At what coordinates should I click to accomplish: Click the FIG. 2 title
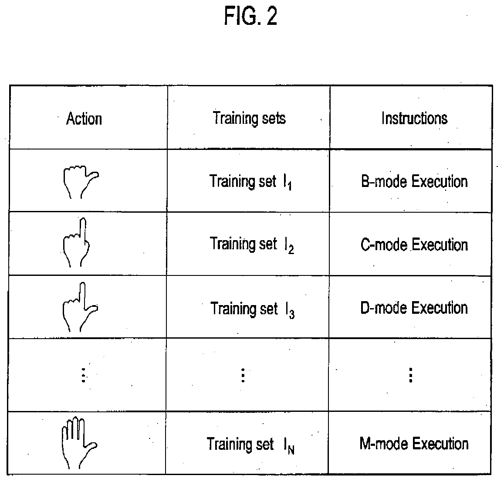[250, 17]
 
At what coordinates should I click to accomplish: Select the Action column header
[84, 119]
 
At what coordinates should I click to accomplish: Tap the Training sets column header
[249, 118]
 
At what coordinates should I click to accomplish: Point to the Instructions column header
[414, 118]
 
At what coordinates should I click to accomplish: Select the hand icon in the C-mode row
[77, 242]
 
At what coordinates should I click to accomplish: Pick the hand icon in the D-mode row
[80, 307]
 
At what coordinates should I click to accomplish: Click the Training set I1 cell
[250, 182]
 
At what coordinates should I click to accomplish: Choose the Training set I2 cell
[251, 244]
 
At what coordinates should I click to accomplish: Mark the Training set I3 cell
[252, 309]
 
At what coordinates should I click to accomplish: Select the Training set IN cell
[250, 445]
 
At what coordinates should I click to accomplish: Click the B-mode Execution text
[414, 181]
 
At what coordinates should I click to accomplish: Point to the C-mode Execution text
[414, 245]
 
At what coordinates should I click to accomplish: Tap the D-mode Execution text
[414, 308]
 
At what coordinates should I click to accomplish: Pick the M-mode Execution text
[414, 444]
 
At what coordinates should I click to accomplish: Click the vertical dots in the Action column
[83, 375]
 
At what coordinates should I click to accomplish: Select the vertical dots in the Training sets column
[243, 375]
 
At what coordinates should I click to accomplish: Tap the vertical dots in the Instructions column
[410, 375]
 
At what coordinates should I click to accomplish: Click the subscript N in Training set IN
[291, 449]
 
